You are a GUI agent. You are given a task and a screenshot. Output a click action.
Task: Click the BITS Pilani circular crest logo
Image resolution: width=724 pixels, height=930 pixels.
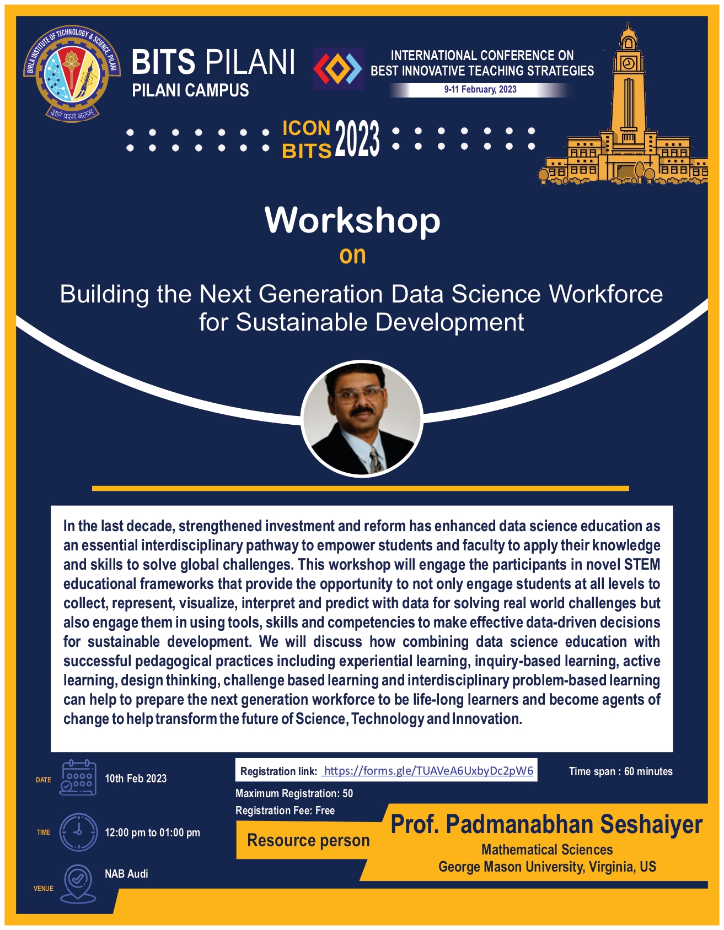pos(72,73)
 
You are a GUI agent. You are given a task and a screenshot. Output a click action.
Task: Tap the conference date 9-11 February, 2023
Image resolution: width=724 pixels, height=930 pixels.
pos(480,90)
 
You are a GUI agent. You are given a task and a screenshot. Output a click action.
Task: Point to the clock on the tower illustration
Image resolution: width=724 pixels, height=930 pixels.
pos(628,63)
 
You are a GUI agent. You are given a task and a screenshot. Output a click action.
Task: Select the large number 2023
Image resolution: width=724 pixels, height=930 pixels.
pos(357,139)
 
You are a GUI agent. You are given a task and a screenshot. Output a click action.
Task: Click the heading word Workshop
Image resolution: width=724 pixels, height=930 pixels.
pos(352,220)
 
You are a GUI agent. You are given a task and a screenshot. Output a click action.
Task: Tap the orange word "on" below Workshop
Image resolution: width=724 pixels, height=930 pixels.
pos(352,256)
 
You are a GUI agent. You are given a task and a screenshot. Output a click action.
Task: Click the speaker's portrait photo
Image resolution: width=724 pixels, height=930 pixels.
pos(362,418)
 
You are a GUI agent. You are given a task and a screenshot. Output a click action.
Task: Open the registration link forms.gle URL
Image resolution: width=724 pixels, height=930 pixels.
pos(428,770)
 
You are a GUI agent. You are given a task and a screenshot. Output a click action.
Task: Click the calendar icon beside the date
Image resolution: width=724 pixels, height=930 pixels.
pos(78,777)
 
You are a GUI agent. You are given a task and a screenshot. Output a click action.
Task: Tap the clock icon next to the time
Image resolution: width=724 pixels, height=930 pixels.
pos(78,832)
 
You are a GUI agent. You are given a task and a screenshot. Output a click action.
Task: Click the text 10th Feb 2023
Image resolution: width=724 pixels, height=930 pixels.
pos(136,778)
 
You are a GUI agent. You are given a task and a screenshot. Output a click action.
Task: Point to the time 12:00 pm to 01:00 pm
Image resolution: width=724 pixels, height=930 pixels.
pos(153,832)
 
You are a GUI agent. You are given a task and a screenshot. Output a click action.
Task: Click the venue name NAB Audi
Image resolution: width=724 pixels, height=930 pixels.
pos(126,874)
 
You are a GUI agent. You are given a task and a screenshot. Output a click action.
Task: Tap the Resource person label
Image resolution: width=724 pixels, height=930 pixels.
pos(308,841)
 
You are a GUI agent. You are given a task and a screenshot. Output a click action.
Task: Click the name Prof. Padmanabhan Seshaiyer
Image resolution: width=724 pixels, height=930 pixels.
pos(546,825)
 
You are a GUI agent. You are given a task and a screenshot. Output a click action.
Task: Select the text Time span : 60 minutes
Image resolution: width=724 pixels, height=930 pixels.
pos(621,771)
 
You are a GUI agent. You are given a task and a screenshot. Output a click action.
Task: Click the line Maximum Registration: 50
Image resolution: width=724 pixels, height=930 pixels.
pos(294,793)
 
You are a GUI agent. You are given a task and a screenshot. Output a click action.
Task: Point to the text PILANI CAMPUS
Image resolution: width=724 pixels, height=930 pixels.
pos(190,90)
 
